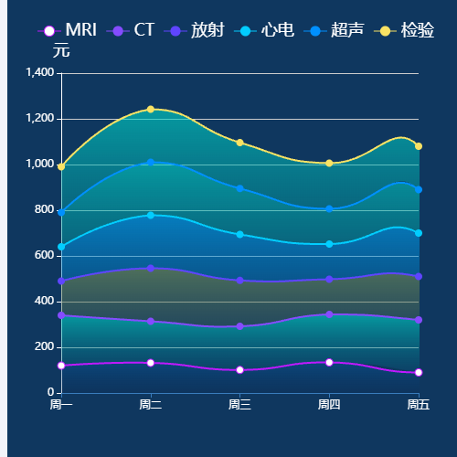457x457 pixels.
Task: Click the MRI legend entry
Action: point(68,30)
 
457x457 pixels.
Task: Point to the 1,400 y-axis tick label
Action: point(39,72)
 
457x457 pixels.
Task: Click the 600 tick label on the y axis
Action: point(45,256)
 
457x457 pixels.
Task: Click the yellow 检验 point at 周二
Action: point(151,110)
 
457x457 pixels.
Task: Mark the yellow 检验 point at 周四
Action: point(329,163)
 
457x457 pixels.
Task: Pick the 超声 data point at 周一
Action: point(61,212)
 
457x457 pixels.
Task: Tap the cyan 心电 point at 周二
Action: point(151,215)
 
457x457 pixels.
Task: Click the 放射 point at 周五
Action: point(419,276)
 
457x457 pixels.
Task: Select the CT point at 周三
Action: point(239,326)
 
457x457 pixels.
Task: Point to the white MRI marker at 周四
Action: point(329,362)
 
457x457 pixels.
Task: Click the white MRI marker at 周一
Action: point(61,366)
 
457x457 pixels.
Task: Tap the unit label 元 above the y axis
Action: point(61,51)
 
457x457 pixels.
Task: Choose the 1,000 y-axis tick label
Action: point(39,165)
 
